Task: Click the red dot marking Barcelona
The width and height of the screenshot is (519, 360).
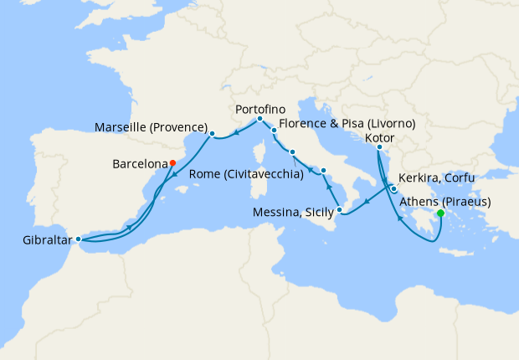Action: coord(172,163)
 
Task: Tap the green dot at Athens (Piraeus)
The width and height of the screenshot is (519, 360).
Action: coord(440,213)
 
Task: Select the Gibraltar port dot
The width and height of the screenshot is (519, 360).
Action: coord(78,239)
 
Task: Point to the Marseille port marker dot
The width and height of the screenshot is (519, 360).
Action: coord(213,133)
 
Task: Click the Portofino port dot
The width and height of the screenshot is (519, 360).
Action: coord(259,119)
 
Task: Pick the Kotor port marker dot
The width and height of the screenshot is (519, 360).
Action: coord(379,149)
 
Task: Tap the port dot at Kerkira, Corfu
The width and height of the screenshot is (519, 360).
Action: coord(393,189)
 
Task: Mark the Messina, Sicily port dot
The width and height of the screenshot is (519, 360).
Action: coord(340,209)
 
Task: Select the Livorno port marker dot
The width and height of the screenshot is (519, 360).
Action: coord(274,131)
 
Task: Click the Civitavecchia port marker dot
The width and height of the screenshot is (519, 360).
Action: coord(292,152)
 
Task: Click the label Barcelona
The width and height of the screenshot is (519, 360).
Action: coord(139,164)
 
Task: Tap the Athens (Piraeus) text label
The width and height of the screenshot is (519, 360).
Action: coord(444,202)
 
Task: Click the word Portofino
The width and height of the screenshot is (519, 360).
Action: coord(260,109)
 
